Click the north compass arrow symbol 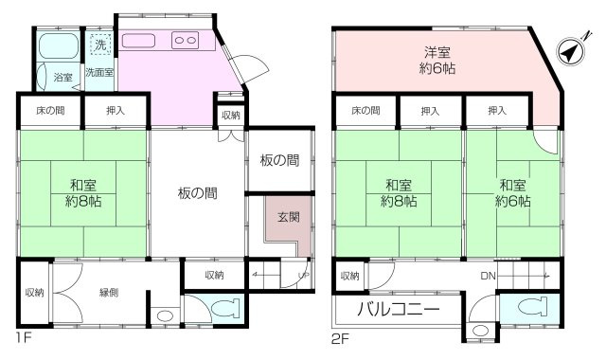(570, 54)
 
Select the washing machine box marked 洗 (99, 44)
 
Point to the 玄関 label (288, 217)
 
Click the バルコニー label (398, 310)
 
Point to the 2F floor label (341, 337)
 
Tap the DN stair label (487, 276)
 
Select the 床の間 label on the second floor (364, 112)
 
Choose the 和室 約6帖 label (512, 192)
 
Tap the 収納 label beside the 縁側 (33, 292)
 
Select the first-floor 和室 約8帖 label (82, 192)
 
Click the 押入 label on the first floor (116, 112)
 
